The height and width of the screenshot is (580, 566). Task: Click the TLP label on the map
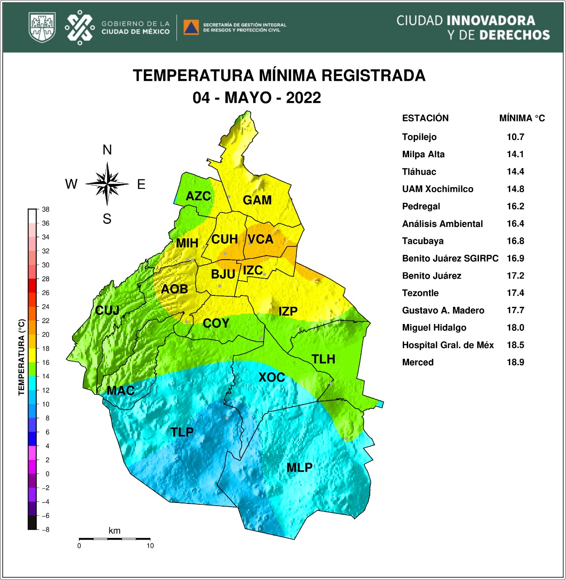coord(182,432)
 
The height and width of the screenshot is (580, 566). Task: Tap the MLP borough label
coord(299,468)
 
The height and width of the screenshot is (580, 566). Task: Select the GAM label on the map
coord(257,200)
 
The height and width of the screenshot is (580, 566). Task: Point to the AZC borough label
coord(198,196)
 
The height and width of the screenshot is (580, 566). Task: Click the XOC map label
coord(271,377)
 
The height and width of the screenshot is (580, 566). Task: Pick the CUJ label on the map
coord(107,310)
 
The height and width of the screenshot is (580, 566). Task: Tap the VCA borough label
coord(260,239)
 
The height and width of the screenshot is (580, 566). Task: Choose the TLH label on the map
coord(323,359)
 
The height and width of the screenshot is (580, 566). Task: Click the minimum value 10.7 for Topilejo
coord(515,137)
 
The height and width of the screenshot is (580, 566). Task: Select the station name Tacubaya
coord(423,241)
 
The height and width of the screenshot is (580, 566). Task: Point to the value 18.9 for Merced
coord(515,362)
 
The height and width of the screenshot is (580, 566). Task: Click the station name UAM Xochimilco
coord(437,189)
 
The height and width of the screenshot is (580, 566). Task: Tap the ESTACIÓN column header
coord(425,118)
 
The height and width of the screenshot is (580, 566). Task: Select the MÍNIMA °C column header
coord(522,118)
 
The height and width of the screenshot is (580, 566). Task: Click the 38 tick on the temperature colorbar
coord(45,209)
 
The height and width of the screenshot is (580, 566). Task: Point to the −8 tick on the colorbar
coord(45,529)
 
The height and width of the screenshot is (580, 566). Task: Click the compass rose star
coord(107,184)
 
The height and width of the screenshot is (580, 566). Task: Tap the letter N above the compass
coord(107,150)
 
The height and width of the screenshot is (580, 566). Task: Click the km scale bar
coord(114,539)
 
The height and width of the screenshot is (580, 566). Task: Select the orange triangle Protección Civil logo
coord(191,27)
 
